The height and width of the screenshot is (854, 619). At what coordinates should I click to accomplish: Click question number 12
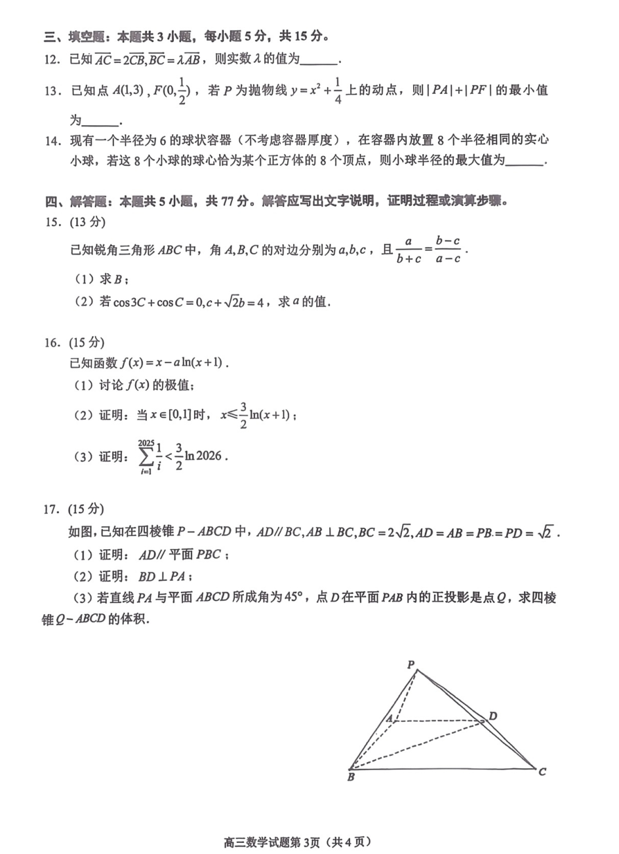51,60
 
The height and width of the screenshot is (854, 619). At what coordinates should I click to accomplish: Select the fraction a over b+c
409,250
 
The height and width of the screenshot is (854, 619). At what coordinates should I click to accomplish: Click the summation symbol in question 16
146,457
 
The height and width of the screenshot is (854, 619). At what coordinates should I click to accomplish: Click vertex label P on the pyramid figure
411,665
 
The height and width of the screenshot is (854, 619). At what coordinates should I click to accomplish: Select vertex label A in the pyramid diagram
389,719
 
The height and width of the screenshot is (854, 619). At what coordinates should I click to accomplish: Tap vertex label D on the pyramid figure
493,716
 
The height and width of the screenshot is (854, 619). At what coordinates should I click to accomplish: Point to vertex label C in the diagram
542,771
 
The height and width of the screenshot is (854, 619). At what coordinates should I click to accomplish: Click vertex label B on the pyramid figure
351,777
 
